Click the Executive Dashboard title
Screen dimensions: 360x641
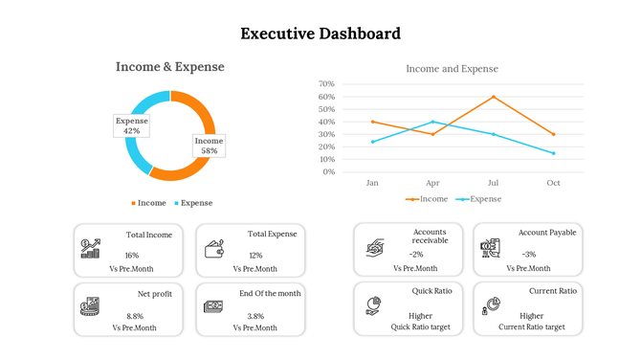tap(320, 34)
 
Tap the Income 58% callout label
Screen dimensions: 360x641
tap(209, 146)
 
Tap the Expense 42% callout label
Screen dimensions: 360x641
tap(132, 125)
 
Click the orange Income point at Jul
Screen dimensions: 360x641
tap(494, 97)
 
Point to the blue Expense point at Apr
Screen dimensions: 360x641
tap(432, 122)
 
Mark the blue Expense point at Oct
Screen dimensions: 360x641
tap(553, 153)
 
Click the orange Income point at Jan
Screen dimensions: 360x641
tap(372, 122)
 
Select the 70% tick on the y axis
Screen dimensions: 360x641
tap(326, 84)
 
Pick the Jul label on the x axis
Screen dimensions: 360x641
tap(494, 182)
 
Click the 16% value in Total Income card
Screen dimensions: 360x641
tap(132, 256)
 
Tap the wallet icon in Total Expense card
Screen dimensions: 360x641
tap(214, 249)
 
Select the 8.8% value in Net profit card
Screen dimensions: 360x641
tap(134, 316)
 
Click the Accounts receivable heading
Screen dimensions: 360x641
tap(430, 236)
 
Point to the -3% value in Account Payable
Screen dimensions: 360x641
tap(529, 255)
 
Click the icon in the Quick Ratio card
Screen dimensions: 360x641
tap(374, 305)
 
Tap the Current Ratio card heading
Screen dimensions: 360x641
tap(552, 290)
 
